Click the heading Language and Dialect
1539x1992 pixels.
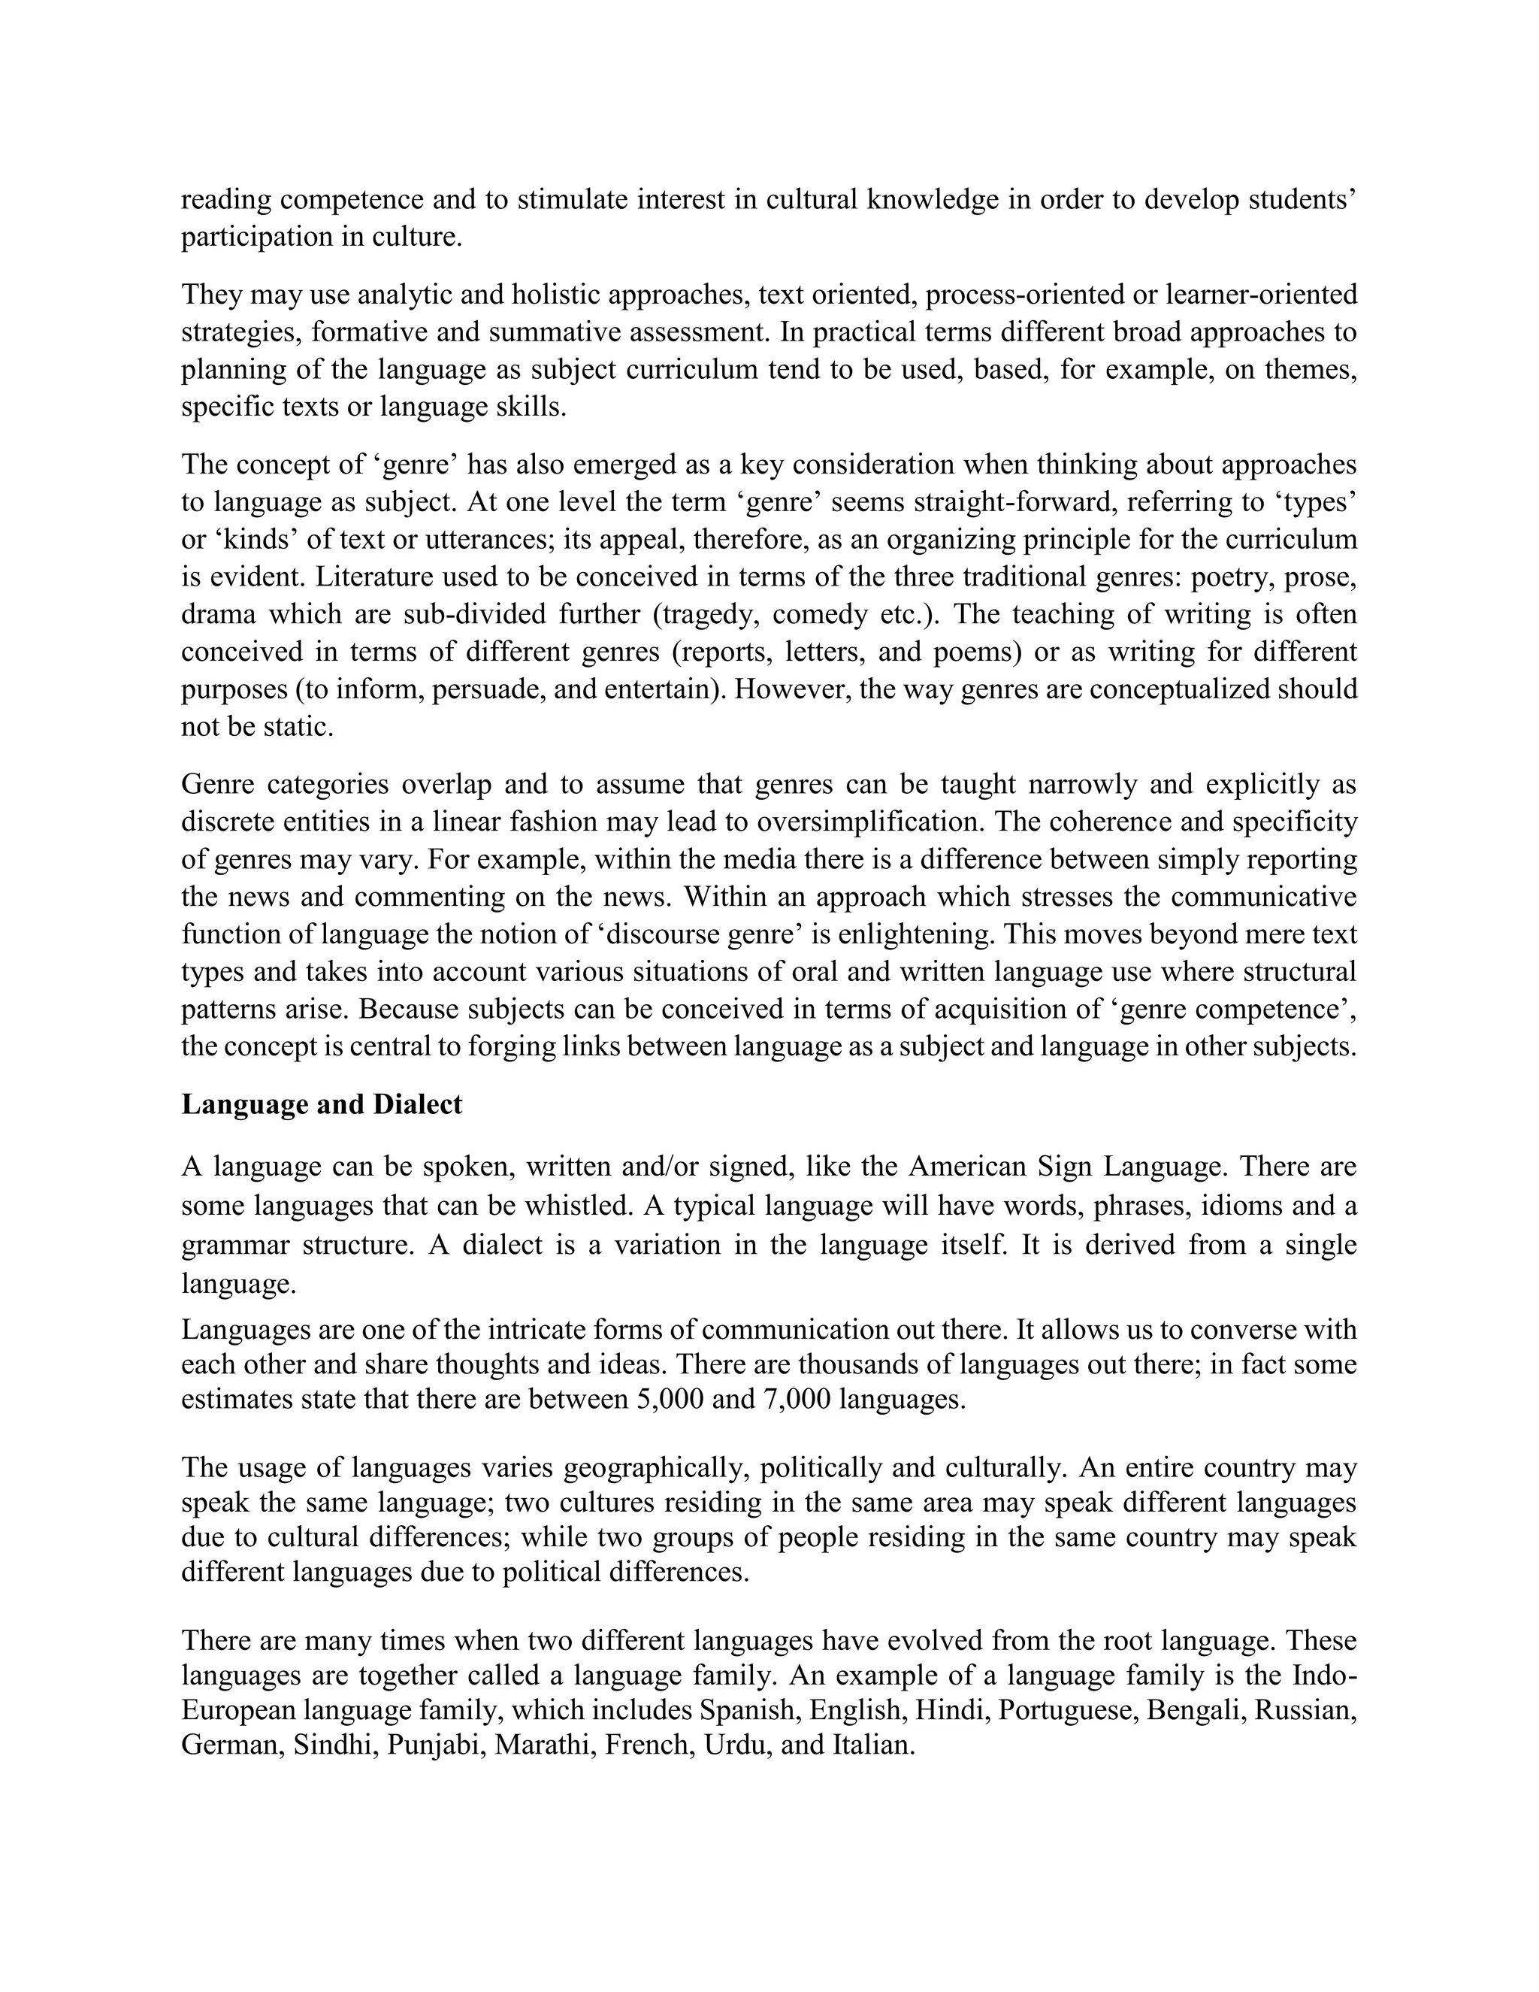click(322, 1103)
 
